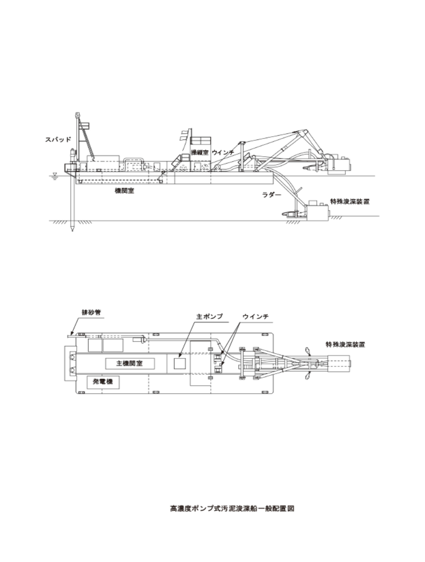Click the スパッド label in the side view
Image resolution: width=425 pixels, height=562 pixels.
[x=58, y=139]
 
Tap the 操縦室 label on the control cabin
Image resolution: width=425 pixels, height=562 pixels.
[x=200, y=152]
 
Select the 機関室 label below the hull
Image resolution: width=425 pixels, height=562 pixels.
[x=124, y=191]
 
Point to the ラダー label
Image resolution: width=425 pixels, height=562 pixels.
[x=272, y=195]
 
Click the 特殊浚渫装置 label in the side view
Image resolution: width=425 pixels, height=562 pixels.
[x=350, y=201]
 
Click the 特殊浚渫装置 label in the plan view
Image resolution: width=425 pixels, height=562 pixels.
[x=345, y=345]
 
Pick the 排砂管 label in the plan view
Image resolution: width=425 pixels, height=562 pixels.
[x=91, y=312]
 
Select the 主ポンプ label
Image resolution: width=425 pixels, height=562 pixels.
[x=209, y=317]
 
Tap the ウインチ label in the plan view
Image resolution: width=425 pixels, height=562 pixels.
[x=255, y=317]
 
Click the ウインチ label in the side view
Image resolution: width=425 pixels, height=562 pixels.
[x=223, y=152]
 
